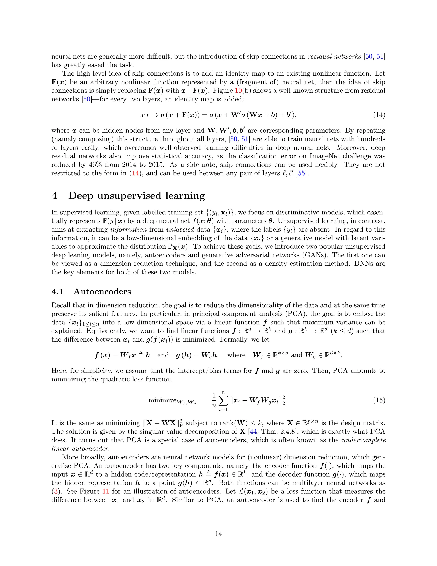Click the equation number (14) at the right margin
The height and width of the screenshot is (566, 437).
pos(379,115)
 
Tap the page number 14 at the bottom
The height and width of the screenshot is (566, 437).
pos(218,534)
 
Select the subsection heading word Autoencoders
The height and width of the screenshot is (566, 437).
pos(102,292)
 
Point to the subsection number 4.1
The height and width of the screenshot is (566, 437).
pos(57,292)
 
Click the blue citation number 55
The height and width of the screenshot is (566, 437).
pos(301,173)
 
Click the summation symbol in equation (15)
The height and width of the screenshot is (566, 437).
pos(223,400)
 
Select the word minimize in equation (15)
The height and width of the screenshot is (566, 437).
pos(163,400)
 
